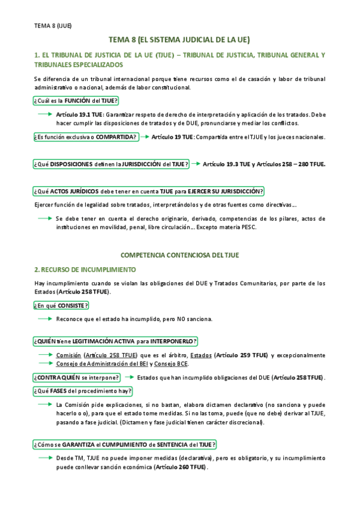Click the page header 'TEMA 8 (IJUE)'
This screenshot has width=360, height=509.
pos(53,25)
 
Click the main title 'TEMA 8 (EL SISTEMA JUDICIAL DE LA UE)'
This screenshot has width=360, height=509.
pos(179,40)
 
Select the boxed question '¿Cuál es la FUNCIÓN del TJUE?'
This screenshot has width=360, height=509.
pos(76,101)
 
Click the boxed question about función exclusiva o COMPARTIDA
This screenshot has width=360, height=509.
pos(86,137)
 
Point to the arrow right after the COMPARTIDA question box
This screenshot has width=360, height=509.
pos(145,137)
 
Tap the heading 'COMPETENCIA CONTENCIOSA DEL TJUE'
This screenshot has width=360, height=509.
pos(179,255)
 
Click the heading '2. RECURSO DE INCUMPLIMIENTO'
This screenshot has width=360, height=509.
pos(85,270)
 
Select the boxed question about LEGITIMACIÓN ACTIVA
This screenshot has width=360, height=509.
pos(115,342)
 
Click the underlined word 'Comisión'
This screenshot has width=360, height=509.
pos(68,355)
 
